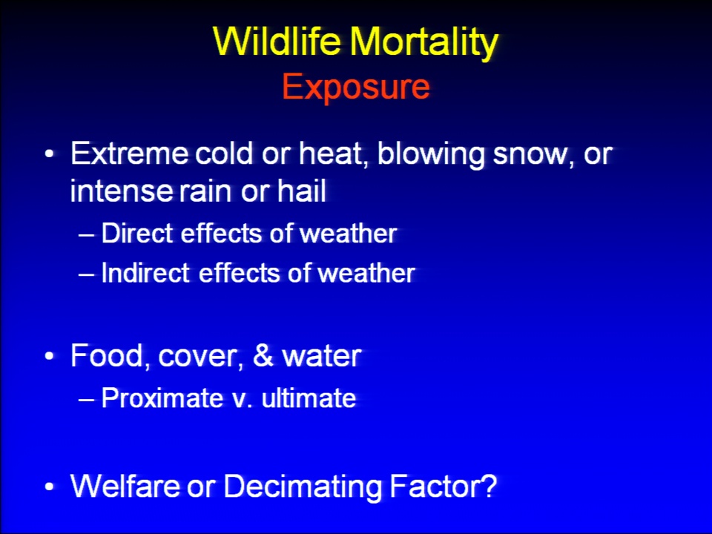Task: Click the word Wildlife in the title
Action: pos(277,41)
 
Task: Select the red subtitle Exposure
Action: pos(356,88)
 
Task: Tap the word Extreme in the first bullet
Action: pos(129,154)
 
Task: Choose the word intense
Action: pos(121,191)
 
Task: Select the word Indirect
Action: pos(145,273)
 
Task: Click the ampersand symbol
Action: pos(263,355)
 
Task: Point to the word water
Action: pos(322,356)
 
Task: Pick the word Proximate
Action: pos(162,398)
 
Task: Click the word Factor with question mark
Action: pos(444,486)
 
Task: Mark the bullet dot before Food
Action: pos(50,357)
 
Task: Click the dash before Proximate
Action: pos(86,400)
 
